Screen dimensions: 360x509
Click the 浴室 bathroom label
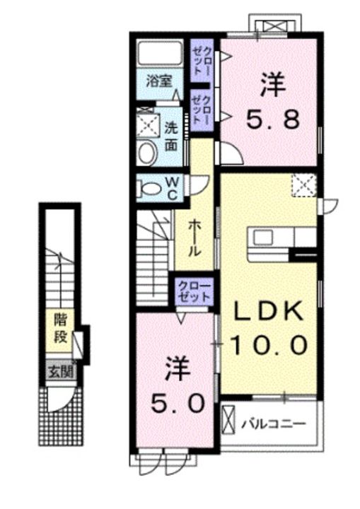pos(158,81)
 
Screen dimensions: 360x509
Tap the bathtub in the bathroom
pos(159,52)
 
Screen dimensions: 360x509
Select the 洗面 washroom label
pos(171,136)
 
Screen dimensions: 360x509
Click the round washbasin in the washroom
pos(147,154)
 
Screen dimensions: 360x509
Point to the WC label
pos(172,189)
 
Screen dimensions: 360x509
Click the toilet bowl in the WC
pos(150,188)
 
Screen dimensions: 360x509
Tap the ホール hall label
pos(194,238)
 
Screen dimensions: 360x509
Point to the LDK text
pos(269,310)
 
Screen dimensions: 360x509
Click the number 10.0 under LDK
pos(269,345)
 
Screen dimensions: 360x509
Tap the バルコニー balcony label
pos(273,424)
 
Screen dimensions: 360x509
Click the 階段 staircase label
pos(60,328)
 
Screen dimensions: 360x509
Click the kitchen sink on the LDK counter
pos(264,238)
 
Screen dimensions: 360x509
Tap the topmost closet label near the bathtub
pos(202,60)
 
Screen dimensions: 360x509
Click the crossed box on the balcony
pos(228,419)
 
